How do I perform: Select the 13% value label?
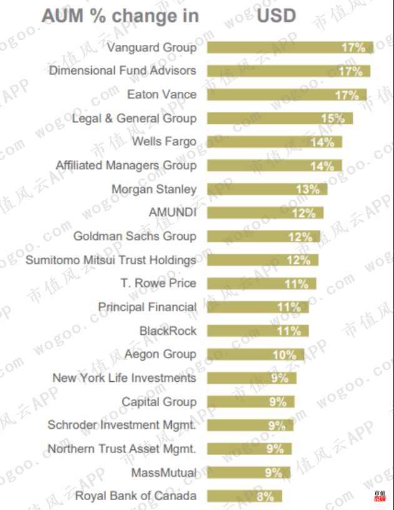307,189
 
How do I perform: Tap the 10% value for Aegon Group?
284,354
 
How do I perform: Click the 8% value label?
265,497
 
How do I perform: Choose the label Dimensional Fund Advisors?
122,71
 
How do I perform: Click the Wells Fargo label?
164,142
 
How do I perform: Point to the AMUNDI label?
172,212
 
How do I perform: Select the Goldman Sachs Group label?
134,236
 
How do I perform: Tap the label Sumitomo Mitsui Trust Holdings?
111,260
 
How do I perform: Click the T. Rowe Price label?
158,283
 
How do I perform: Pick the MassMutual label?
164,472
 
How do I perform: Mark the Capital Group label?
159,402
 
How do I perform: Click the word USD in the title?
276,15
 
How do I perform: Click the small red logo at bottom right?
380,496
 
